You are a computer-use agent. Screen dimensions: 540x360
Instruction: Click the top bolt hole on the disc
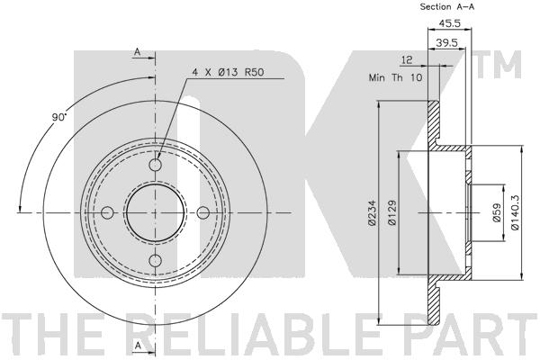156,165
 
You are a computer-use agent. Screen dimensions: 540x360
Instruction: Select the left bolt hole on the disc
107,212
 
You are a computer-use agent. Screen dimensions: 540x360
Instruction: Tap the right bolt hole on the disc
203,212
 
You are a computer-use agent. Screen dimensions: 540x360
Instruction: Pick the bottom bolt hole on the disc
156,260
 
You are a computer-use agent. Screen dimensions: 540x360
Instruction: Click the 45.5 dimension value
449,23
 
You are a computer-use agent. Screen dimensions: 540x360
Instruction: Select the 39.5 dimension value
446,42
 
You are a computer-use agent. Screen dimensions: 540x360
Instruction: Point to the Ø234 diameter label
372,213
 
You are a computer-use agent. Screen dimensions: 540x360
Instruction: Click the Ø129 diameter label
391,213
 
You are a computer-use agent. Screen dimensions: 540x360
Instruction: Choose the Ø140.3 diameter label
515,212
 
